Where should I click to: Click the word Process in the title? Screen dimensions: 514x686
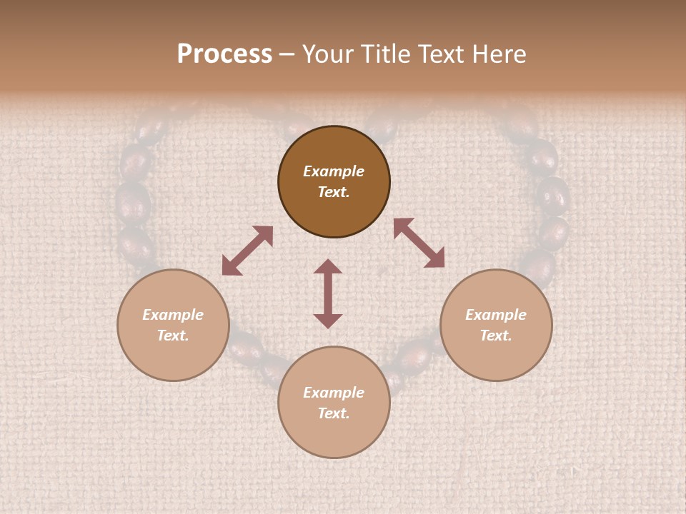[x=224, y=54]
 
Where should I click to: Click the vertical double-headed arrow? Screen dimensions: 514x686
[x=328, y=294]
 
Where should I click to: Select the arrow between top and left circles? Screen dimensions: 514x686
[x=247, y=251]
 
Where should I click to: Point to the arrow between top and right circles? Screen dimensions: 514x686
[x=419, y=243]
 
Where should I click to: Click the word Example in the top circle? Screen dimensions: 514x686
[x=334, y=171]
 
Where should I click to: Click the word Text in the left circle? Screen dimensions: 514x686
[x=173, y=336]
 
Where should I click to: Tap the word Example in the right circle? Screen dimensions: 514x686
[x=496, y=315]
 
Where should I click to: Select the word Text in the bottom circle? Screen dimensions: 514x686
[x=334, y=413]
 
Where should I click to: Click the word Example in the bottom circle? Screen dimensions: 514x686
[x=334, y=393]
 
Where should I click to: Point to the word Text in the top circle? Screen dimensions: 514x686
[x=334, y=192]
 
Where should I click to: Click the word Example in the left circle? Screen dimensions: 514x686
[x=173, y=315]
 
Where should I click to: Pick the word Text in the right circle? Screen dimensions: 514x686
[x=496, y=336]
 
